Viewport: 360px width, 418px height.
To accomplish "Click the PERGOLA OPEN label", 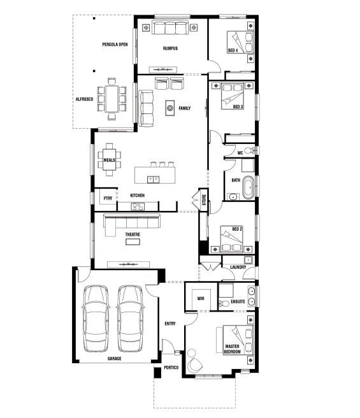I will click(x=115, y=44).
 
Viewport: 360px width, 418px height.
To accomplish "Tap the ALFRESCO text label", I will click(x=85, y=99).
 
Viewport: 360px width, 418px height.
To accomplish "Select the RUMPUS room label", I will click(x=170, y=48).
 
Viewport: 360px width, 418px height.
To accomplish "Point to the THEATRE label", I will click(x=132, y=234).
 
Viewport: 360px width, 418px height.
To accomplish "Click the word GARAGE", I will click(x=115, y=358).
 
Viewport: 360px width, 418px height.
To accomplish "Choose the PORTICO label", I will click(x=171, y=368).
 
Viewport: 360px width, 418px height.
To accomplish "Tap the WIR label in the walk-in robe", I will click(x=199, y=298).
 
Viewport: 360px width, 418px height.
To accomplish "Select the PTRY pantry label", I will click(x=108, y=198).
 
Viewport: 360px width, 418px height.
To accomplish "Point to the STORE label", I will click(x=204, y=199).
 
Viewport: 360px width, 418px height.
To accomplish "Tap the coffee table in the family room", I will click(x=170, y=109).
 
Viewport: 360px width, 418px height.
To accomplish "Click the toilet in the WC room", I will click(x=254, y=151).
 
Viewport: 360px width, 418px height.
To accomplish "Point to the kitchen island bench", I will click(x=155, y=173).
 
